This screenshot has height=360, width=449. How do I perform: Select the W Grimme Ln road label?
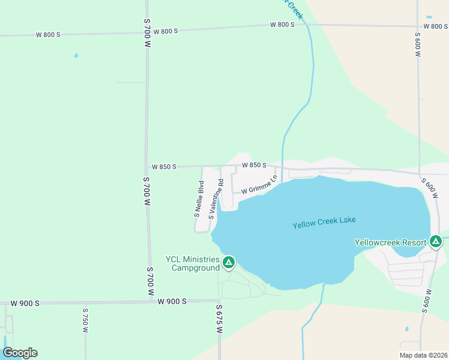click(259, 185)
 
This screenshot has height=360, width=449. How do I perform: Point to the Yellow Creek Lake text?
click(324, 223)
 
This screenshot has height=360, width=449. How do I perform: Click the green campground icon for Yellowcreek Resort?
click(436, 242)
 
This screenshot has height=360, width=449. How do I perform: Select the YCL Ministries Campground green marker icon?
click(229, 262)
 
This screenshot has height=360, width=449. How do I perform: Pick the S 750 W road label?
click(85, 320)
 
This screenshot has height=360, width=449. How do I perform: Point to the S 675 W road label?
click(219, 320)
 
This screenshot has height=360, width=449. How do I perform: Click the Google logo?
click(20, 353)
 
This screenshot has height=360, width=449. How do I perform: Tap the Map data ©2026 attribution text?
click(423, 355)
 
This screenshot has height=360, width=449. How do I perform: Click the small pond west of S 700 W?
click(76, 56)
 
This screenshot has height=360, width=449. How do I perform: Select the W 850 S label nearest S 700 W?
click(164, 166)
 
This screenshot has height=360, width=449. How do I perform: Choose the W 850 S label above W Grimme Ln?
click(254, 164)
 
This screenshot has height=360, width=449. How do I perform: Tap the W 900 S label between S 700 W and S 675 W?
click(172, 301)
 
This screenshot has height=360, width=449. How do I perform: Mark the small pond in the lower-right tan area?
click(407, 329)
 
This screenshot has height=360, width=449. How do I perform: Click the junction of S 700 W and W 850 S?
click(146, 167)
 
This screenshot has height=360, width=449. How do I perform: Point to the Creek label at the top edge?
click(294, 8)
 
